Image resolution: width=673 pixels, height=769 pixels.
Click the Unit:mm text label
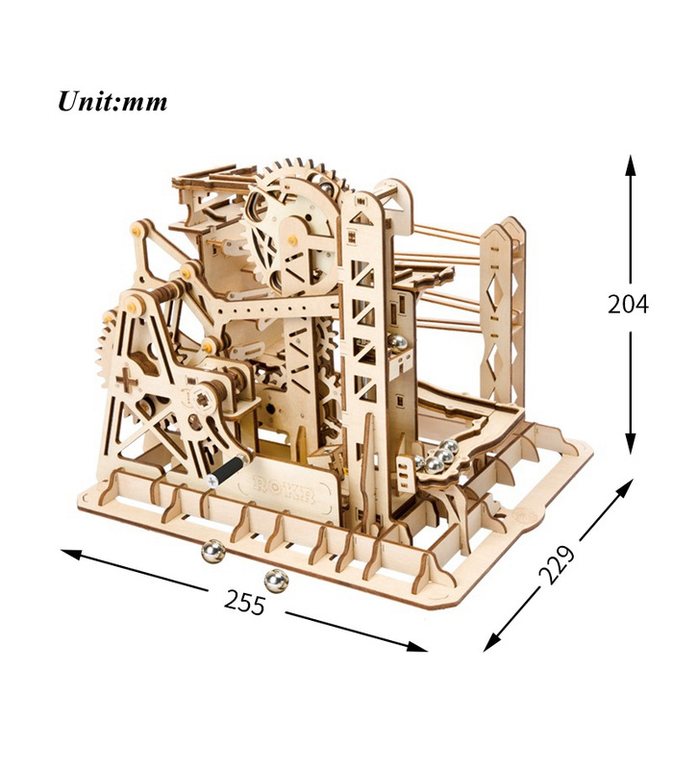[112, 102]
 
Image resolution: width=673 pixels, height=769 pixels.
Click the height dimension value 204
[628, 304]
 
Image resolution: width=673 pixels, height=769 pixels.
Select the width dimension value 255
[245, 602]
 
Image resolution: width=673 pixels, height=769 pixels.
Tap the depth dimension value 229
[557, 564]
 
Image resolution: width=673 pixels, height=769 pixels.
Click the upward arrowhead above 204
[631, 165]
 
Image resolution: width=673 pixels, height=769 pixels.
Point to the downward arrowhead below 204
[631, 443]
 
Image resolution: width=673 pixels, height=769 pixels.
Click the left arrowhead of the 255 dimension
[71, 555]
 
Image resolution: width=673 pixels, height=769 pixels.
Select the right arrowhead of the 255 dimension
[417, 647]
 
